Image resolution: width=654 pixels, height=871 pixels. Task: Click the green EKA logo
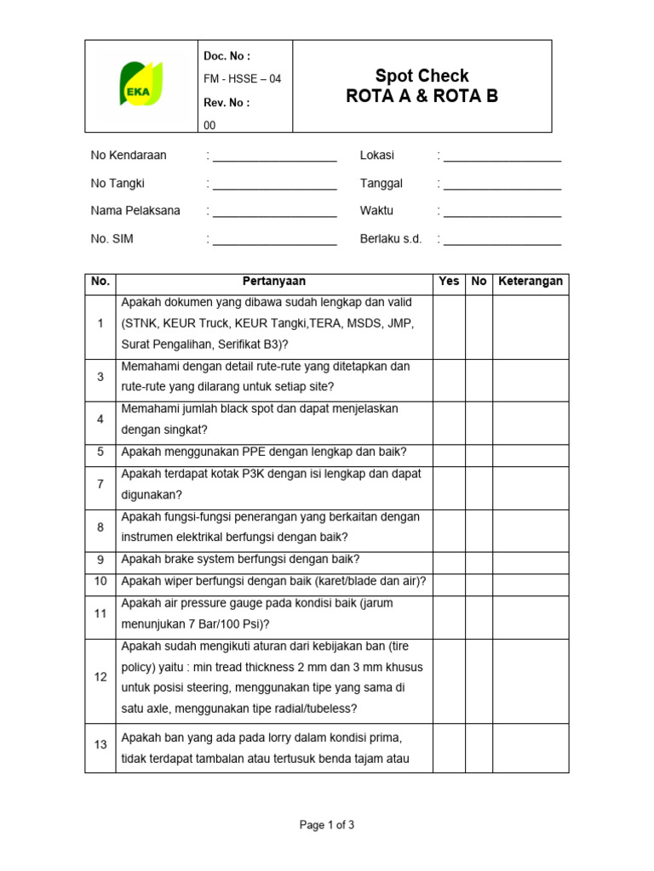[141, 83]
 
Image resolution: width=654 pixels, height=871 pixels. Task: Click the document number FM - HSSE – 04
[242, 79]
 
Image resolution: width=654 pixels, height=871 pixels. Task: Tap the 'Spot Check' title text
[422, 76]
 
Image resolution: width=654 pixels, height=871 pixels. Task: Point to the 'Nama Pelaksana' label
[135, 211]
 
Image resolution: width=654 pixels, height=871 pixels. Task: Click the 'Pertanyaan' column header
[274, 282]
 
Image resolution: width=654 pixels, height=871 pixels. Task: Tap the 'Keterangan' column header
[531, 282]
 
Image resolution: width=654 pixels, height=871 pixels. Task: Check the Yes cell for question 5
[449, 452]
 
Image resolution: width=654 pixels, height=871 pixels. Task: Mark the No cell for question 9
[479, 560]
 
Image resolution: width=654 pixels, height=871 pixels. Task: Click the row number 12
[100, 677]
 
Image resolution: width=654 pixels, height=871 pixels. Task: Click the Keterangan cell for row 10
[531, 581]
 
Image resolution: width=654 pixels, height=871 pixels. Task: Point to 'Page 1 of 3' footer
[327, 824]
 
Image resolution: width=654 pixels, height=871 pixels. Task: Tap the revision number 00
[210, 125]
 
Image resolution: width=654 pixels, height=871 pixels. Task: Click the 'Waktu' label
[376, 211]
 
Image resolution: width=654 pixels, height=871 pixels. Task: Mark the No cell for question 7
[479, 484]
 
